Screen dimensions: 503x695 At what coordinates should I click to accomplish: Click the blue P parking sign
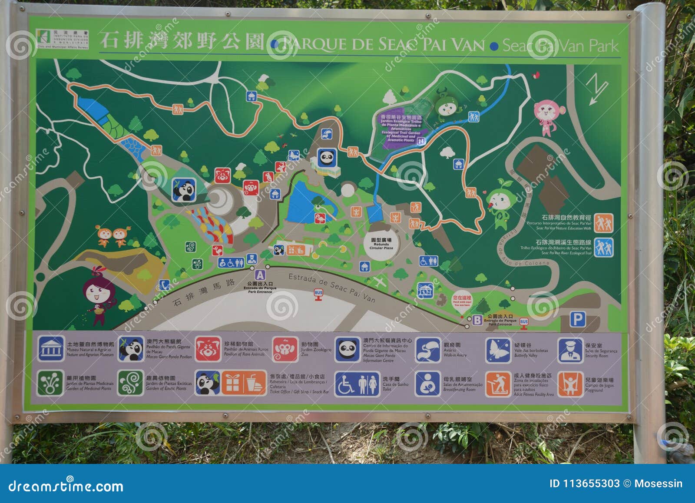pyautogui.click(x=577, y=320)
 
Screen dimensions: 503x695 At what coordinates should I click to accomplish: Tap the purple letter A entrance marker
pyautogui.click(x=260, y=275)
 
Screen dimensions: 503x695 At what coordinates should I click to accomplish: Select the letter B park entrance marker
pyautogui.click(x=477, y=320)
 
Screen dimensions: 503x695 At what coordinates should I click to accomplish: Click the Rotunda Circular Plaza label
pyautogui.click(x=381, y=244)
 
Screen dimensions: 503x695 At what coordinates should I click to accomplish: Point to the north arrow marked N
pyautogui.click(x=596, y=88)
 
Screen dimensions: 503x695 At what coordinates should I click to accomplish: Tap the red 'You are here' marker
pyautogui.click(x=462, y=299)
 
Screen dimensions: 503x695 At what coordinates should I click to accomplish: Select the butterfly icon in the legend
pyautogui.click(x=498, y=350)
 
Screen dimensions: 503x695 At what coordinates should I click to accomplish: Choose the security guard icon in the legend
pyautogui.click(x=570, y=350)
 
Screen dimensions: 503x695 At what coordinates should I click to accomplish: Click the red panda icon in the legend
pyautogui.click(x=208, y=349)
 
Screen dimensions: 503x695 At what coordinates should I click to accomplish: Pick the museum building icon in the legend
pyautogui.click(x=51, y=348)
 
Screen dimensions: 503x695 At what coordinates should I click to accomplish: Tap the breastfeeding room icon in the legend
pyautogui.click(x=428, y=383)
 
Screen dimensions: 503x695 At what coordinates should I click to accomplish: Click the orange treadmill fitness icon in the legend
pyautogui.click(x=498, y=384)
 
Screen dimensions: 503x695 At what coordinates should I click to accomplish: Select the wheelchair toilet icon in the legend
pyautogui.click(x=357, y=384)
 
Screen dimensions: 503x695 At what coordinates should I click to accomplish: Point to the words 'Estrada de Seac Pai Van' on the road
pyautogui.click(x=331, y=287)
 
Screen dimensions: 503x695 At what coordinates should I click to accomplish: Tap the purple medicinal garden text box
pyautogui.click(x=401, y=129)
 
